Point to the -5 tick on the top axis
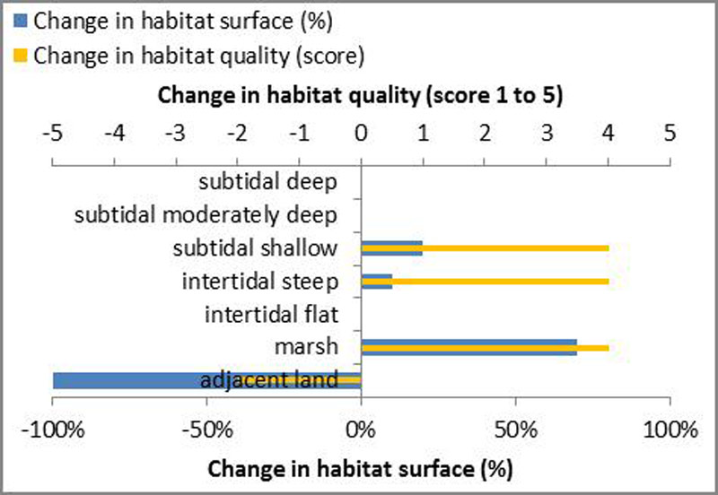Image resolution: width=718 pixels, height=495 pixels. [53, 131]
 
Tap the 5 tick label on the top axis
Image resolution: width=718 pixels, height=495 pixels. [669, 131]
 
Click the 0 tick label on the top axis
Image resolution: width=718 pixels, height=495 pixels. [361, 131]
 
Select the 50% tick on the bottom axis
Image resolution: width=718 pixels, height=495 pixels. [514, 430]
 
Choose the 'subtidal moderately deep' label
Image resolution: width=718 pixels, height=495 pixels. [206, 215]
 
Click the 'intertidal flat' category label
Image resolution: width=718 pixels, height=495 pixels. [271, 315]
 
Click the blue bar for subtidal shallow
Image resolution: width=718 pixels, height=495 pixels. [391, 251]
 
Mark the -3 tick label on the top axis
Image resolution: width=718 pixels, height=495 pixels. [176, 131]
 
